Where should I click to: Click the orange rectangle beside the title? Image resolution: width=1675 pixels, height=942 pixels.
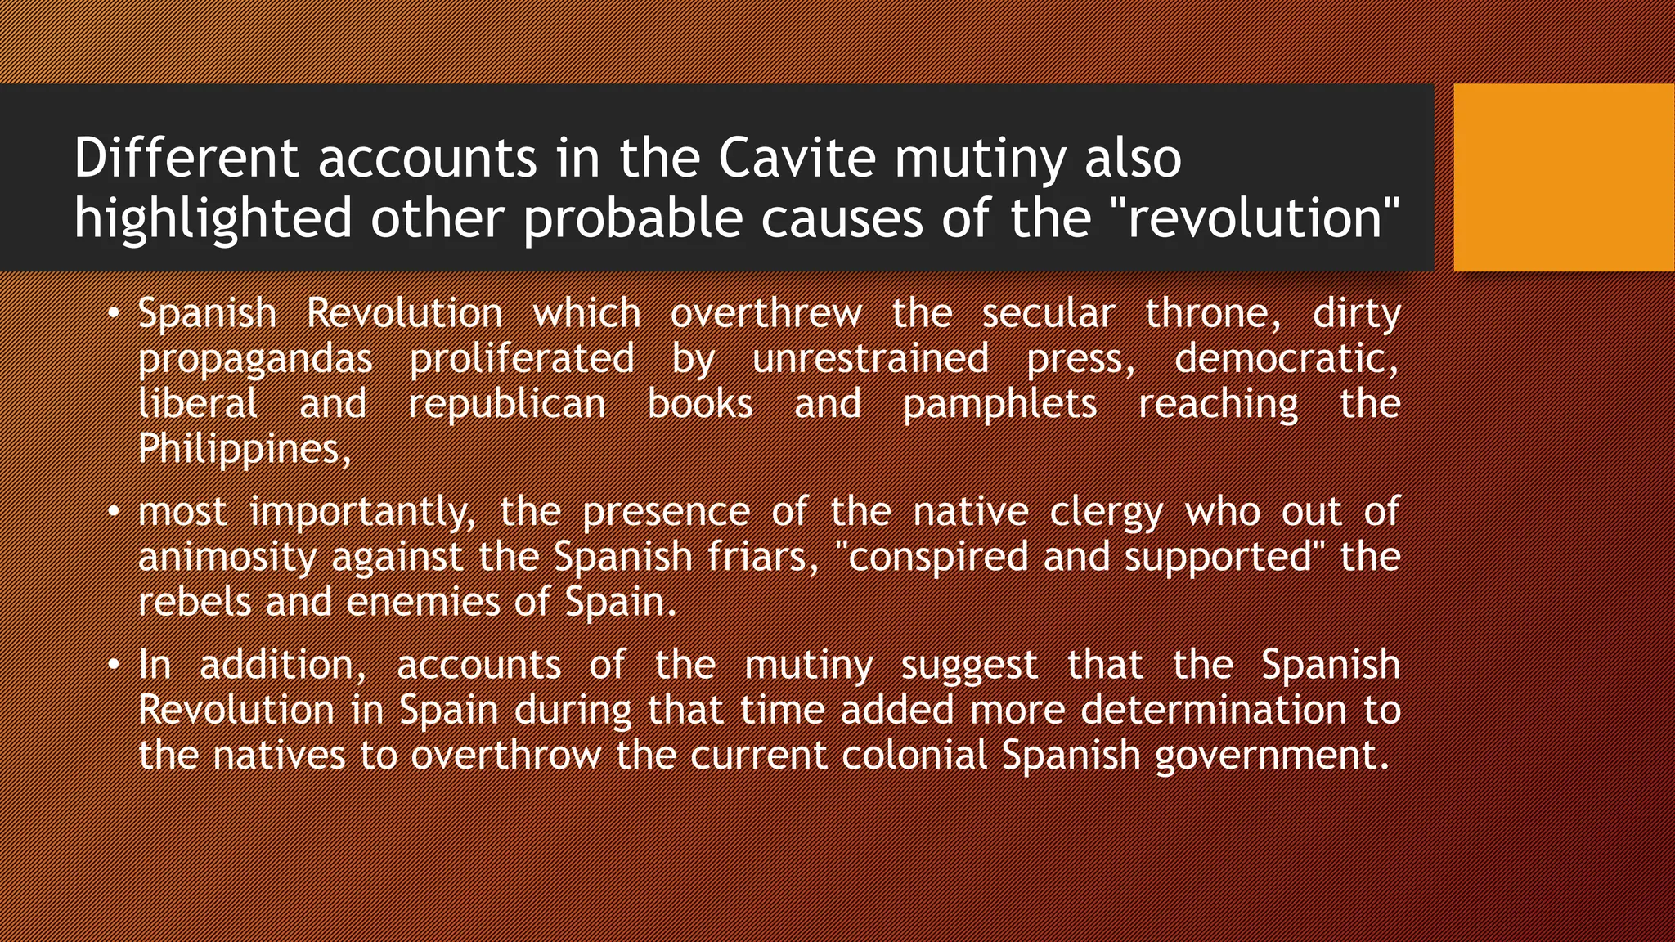1564,177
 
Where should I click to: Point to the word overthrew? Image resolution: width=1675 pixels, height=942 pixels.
766,314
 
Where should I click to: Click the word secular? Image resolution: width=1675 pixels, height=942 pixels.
1048,314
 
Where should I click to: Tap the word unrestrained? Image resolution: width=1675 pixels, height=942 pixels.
870,359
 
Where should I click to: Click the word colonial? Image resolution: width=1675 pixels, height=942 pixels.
914,755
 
